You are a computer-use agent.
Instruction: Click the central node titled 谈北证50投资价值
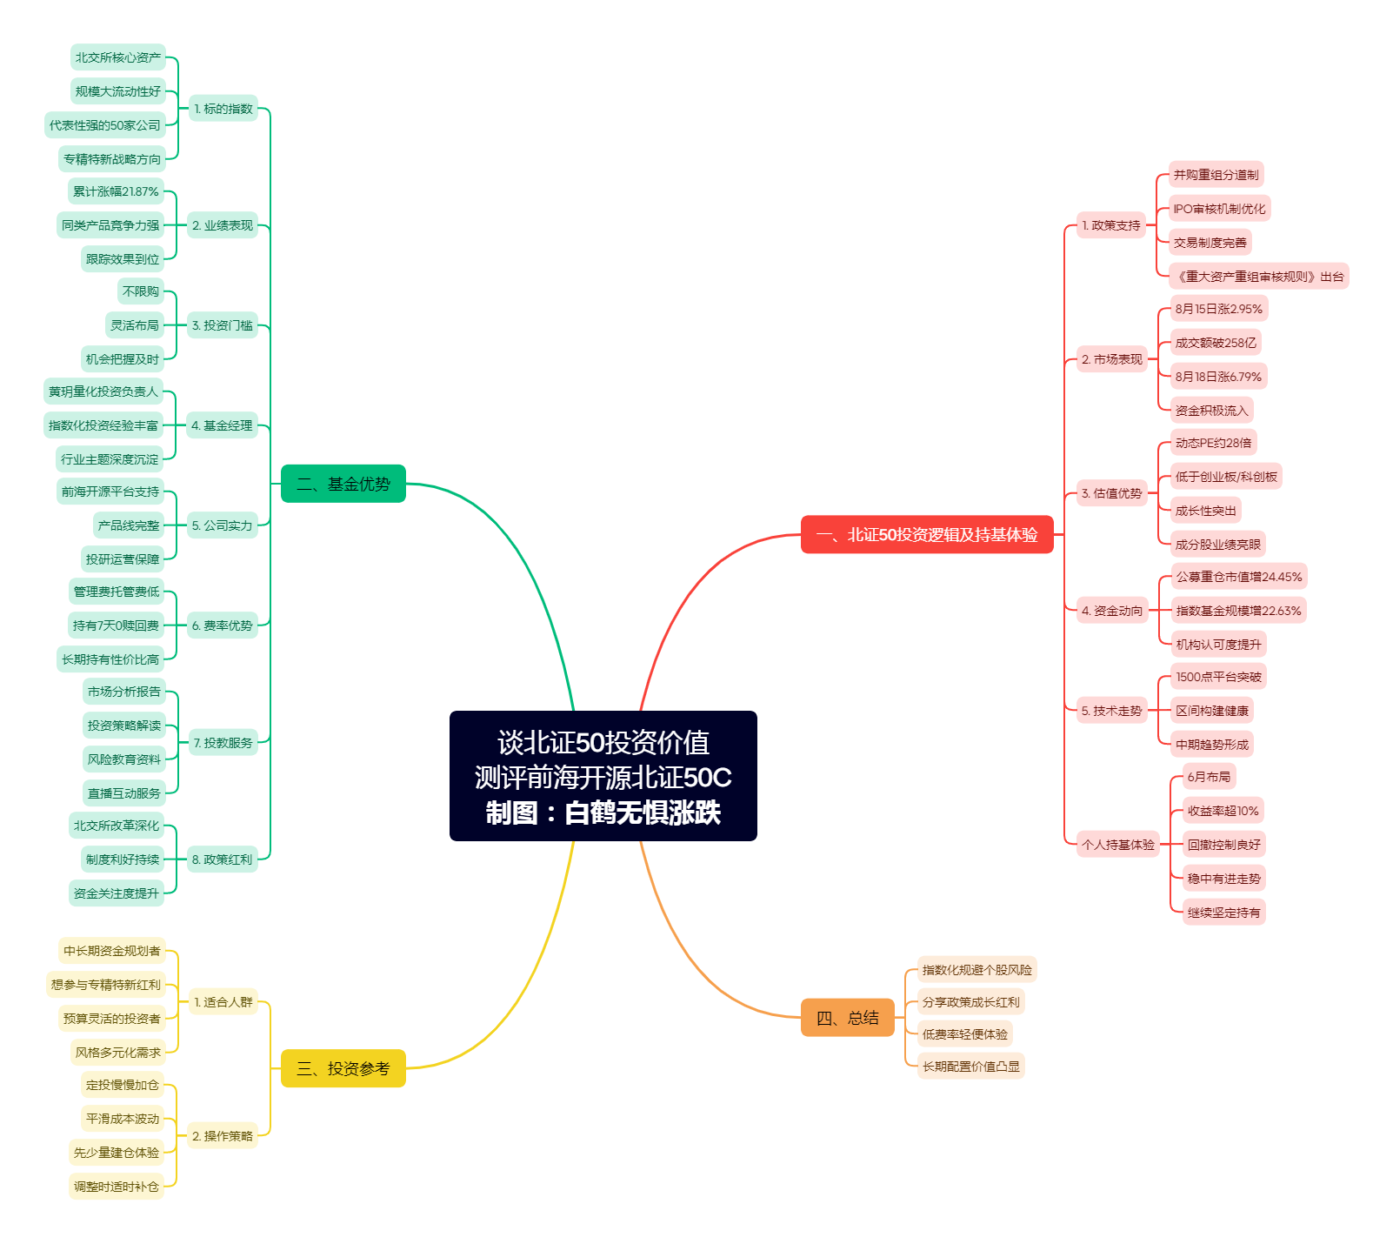[x=603, y=776]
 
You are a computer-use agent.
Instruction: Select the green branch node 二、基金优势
[x=343, y=484]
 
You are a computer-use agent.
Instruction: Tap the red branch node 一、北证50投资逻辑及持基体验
[x=927, y=534]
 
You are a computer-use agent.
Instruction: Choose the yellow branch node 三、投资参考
[x=343, y=1068]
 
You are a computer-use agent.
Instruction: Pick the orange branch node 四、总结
[x=848, y=1018]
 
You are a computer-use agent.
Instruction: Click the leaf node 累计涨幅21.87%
[x=117, y=191]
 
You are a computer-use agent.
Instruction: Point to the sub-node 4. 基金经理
[x=222, y=425]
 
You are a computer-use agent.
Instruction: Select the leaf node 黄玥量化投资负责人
[x=103, y=391]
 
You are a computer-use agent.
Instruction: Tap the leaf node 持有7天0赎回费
[x=117, y=625]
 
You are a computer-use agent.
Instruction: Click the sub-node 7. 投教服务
[x=223, y=743]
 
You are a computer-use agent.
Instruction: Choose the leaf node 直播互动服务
[x=124, y=793]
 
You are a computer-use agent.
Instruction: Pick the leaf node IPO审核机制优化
[x=1219, y=209]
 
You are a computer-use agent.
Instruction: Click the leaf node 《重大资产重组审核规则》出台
[x=1259, y=277]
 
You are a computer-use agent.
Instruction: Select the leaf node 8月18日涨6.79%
[x=1218, y=377]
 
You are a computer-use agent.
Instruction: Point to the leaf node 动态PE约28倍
[x=1213, y=443]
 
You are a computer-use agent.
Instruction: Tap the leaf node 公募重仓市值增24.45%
[x=1239, y=577]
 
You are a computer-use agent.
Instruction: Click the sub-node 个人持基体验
[x=1118, y=845]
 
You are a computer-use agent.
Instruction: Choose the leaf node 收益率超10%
[x=1223, y=811]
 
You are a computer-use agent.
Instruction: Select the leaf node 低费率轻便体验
[x=965, y=1034]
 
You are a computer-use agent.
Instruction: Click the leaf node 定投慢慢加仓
[x=123, y=1085]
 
